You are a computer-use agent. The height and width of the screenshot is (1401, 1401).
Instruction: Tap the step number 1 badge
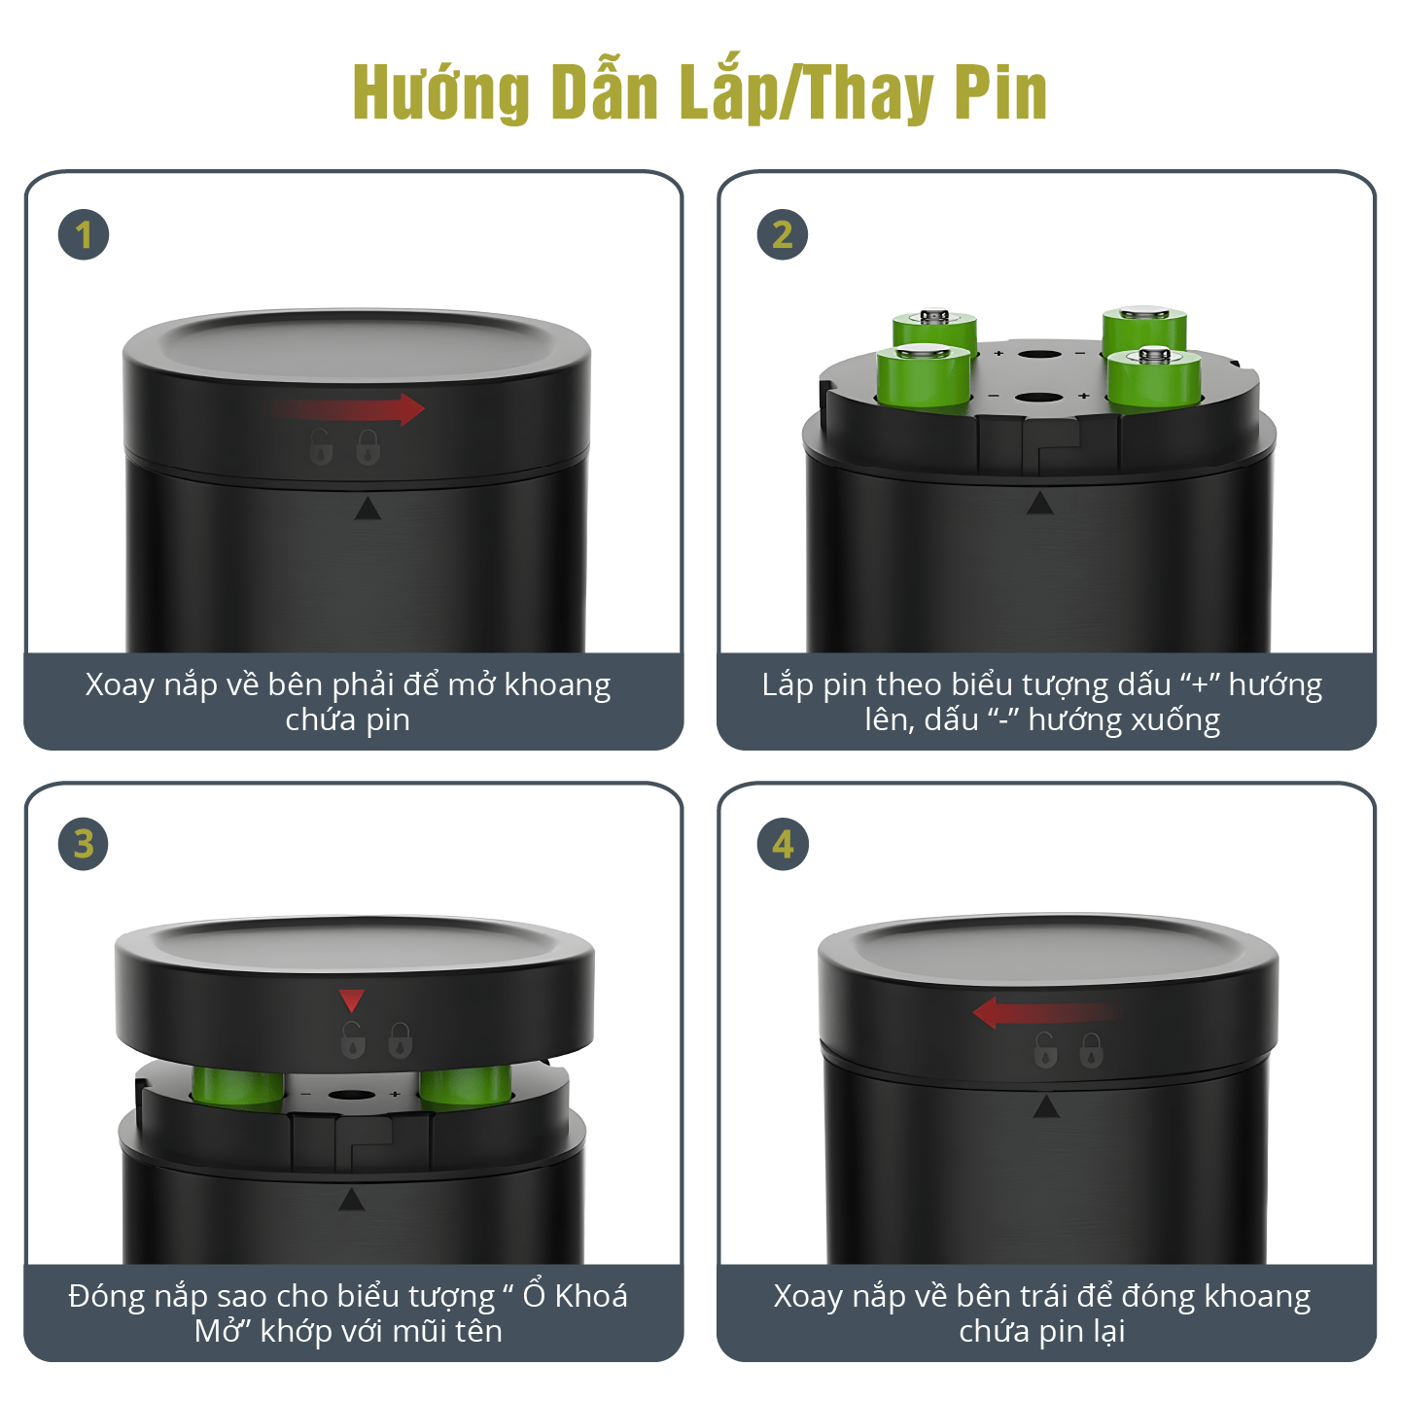[84, 235]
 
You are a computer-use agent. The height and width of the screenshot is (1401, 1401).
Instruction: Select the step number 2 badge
[783, 235]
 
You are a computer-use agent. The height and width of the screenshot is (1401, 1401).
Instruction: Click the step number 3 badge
[84, 844]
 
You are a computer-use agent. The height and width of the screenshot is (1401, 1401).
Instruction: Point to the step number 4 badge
[783, 844]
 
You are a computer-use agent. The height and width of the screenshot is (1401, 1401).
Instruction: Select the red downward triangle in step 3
[352, 1000]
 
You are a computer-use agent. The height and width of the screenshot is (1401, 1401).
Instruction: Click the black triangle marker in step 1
[368, 508]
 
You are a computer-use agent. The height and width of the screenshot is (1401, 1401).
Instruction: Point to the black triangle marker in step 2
[1040, 503]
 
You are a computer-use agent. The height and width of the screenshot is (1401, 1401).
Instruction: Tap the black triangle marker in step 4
[1046, 1106]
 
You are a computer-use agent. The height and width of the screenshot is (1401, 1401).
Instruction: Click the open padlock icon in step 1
[322, 446]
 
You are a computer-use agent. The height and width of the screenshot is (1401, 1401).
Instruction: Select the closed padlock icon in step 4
[1091, 1050]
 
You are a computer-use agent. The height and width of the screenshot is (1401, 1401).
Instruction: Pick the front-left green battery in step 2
[924, 375]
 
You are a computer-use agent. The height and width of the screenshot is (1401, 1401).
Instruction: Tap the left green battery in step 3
[237, 1088]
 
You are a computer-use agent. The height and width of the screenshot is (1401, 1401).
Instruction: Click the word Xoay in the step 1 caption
[121, 684]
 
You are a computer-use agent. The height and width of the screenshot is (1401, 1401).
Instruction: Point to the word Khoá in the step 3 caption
[591, 1296]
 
